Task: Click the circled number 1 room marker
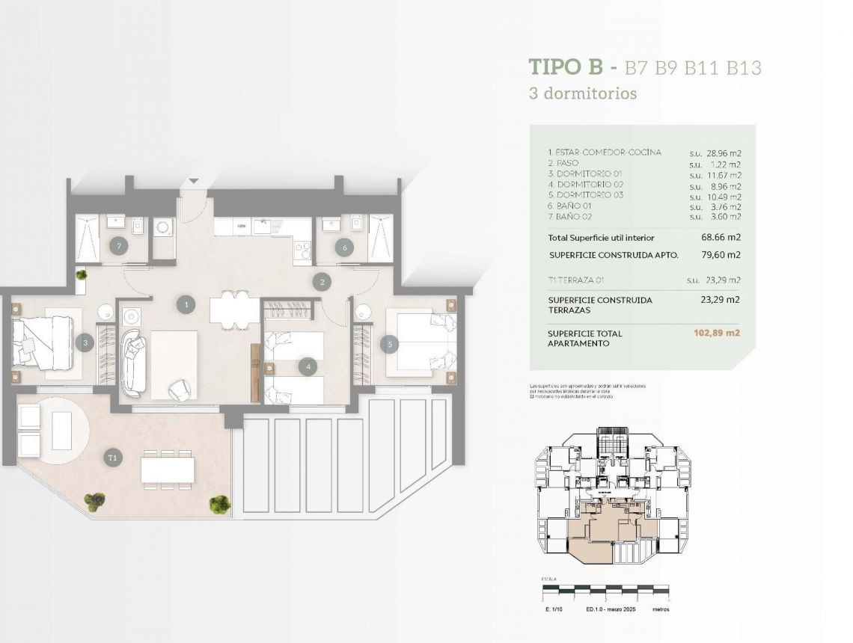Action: point(185,304)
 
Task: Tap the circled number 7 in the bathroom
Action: point(116,245)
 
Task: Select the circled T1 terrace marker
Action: point(113,456)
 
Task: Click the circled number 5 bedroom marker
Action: point(388,344)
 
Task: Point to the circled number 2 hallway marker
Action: point(322,282)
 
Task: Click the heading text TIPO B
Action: point(565,67)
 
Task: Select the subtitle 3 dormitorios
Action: point(583,94)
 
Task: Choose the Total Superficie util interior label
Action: point(601,238)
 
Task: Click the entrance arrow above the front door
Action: point(195,181)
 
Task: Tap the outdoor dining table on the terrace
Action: point(168,470)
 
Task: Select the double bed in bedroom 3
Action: point(42,342)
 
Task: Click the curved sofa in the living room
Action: point(134,363)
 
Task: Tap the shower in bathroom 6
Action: point(380,239)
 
